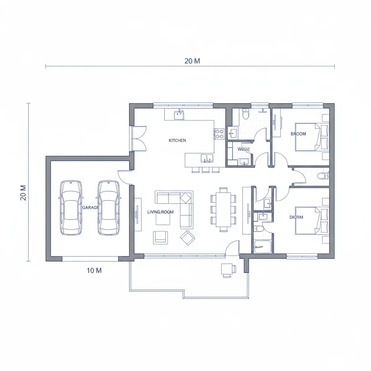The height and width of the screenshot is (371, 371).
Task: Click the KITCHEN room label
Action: pos(177,140)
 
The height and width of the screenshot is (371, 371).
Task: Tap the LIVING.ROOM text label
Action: pos(161,212)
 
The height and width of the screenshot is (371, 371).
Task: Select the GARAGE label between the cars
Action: pos(90,208)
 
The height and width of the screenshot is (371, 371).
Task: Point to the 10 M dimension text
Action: pos(94,270)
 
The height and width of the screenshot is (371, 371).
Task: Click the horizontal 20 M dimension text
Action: pos(192,61)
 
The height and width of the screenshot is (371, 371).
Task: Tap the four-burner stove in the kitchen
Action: pos(219,134)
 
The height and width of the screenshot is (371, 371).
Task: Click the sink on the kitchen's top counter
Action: pos(179,115)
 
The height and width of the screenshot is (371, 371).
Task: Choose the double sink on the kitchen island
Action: pos(207,158)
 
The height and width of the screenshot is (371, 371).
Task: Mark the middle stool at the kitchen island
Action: pos(206,170)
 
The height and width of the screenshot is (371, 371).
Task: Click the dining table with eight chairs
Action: pos(223,209)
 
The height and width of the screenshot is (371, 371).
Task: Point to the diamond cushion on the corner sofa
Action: pos(186,198)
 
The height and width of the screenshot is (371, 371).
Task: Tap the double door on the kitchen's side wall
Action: pos(138,138)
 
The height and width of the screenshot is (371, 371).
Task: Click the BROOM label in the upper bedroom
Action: pos(298,134)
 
